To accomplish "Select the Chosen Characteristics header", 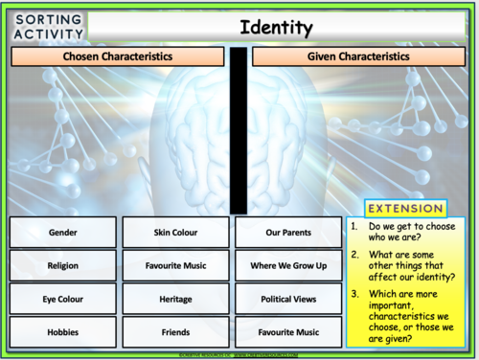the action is (118, 57).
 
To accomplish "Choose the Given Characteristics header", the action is (357, 57).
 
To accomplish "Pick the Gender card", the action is (62, 233).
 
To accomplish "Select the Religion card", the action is (62, 266).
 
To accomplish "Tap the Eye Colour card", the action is (62, 300).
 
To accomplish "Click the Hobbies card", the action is (62, 332).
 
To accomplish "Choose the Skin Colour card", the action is (175, 233).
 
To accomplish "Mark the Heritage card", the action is (175, 300).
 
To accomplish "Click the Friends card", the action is (175, 332).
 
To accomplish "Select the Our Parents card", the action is (288, 233).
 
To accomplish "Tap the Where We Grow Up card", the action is (288, 266).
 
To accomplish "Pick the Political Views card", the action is (288, 300).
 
